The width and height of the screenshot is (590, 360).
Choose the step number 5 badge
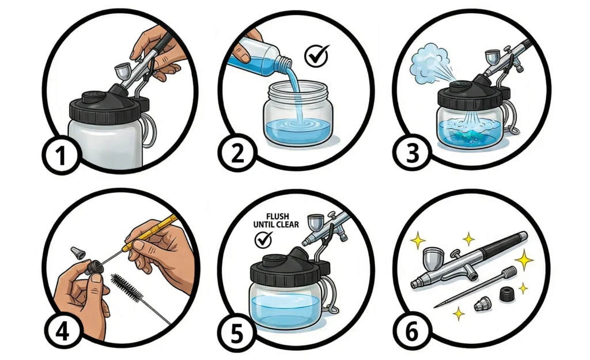pos(237,333)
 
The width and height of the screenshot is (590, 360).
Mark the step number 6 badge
pos(411,332)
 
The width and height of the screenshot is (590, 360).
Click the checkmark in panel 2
pos(316,56)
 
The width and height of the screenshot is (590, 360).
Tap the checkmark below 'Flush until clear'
pos(263,239)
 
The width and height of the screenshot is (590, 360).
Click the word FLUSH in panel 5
pos(277,217)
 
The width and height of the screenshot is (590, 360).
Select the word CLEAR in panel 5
pos(288,225)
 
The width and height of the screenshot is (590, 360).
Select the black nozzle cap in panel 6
pos(507,294)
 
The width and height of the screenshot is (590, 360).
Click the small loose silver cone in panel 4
pos(78,252)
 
